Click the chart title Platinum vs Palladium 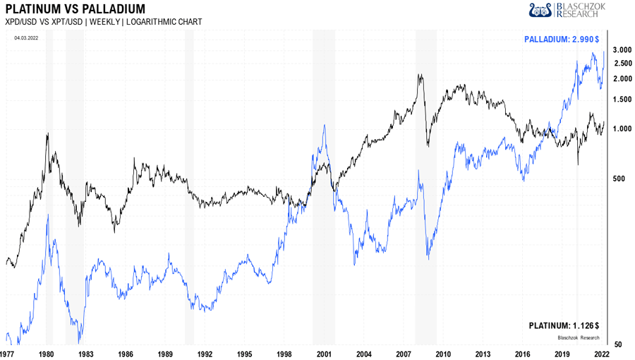click(x=75, y=9)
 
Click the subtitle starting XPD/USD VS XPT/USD click(x=103, y=22)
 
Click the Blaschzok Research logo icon click(x=540, y=9)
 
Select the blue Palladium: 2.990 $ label click(x=562, y=40)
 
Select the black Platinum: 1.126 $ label click(x=564, y=325)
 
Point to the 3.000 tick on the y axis click(x=621, y=49)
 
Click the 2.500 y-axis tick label click(x=621, y=63)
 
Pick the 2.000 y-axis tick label click(x=621, y=78)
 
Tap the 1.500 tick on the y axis click(x=621, y=100)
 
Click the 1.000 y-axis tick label click(x=621, y=128)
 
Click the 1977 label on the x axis click(x=7, y=352)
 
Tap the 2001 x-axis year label click(x=324, y=352)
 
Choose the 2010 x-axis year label click(x=443, y=352)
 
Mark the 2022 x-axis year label click(x=601, y=352)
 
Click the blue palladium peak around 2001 click(x=324, y=126)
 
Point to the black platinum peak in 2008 click(x=420, y=74)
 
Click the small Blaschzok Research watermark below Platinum click(x=579, y=337)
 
